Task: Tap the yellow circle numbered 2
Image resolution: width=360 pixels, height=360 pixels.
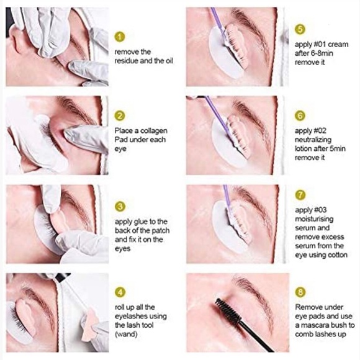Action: (120, 115)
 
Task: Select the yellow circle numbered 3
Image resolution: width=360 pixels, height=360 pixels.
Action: (120, 206)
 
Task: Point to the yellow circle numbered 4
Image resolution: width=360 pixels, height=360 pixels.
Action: (120, 291)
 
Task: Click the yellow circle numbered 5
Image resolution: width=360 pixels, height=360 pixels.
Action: (300, 29)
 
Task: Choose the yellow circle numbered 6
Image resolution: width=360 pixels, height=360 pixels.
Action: (300, 116)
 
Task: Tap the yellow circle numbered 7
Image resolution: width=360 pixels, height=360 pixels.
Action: (300, 195)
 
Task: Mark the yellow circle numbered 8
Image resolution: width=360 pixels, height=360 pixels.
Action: (300, 291)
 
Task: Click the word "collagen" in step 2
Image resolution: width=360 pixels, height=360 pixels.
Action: (150, 131)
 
